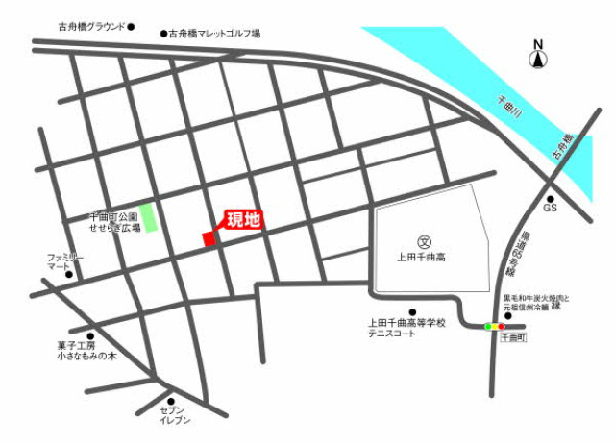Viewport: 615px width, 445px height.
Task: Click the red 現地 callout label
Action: click(243, 220)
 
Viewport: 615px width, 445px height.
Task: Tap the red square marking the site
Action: click(209, 238)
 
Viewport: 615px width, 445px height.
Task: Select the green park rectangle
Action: click(147, 217)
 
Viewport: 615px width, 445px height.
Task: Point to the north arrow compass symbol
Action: click(538, 61)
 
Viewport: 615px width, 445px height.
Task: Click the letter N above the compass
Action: click(538, 44)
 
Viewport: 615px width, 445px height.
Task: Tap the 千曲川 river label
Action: click(511, 105)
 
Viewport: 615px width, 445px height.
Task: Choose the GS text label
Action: click(552, 208)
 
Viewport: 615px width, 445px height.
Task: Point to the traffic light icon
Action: click(495, 327)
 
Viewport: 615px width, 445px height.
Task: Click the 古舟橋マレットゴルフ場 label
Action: click(213, 33)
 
